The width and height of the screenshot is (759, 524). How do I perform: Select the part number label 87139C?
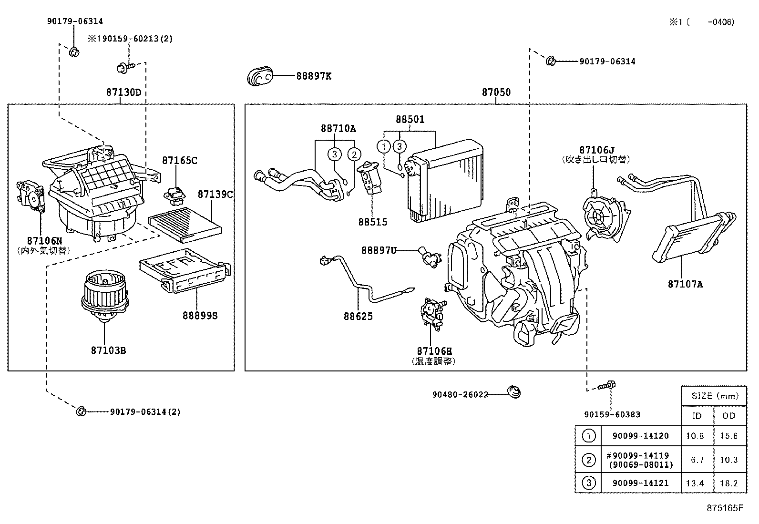point(215,195)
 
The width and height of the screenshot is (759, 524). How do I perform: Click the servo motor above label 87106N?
point(31,196)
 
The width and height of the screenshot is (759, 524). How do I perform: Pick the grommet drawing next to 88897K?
point(260,76)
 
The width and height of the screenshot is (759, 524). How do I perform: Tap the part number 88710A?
point(338,129)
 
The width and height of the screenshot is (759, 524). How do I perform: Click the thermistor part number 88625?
point(358,317)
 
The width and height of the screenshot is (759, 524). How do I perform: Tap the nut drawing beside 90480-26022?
point(514,391)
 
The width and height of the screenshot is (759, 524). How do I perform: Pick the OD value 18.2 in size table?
point(729,483)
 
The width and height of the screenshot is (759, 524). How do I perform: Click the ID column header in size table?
point(697,416)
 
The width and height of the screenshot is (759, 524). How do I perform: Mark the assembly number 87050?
point(496,92)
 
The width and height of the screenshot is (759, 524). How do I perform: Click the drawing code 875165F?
point(725,508)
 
